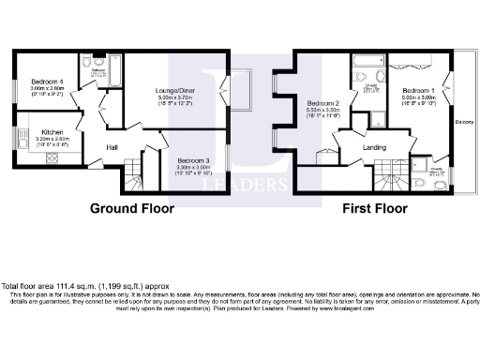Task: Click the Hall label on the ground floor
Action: [x=112, y=148]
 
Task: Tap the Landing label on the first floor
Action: [x=378, y=147]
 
